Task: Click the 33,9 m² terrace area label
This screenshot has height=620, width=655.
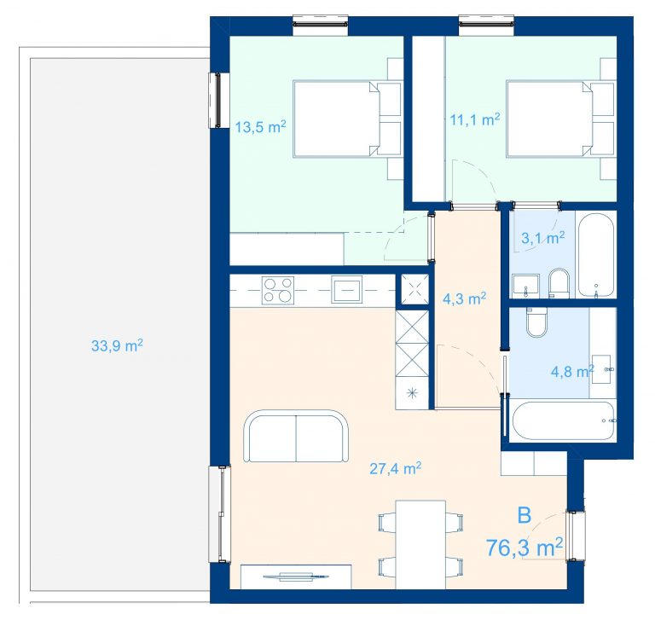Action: (x=117, y=345)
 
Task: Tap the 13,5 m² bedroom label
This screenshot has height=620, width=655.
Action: (x=260, y=126)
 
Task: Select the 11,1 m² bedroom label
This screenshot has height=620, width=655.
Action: (x=474, y=120)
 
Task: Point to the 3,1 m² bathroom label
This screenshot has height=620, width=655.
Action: (x=543, y=238)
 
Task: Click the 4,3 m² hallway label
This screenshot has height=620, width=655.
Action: (x=464, y=298)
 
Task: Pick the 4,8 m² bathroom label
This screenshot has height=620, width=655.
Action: (x=572, y=372)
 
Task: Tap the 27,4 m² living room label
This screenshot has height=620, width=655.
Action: (x=395, y=468)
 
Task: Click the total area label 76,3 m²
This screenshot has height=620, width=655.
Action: (x=525, y=548)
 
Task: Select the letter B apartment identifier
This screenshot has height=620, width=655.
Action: (x=525, y=515)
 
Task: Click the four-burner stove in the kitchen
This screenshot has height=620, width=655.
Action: (x=278, y=289)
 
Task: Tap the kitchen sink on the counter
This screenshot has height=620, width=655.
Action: (x=347, y=289)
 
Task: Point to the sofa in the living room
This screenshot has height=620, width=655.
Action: (x=296, y=436)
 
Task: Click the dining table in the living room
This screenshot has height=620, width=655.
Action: (x=420, y=544)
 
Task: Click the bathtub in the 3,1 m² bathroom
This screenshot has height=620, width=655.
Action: (x=596, y=255)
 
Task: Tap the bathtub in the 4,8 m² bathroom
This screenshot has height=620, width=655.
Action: (x=562, y=420)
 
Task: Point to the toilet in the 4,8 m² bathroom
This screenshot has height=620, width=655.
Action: (x=536, y=322)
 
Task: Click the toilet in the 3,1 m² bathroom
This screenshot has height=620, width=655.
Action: (x=559, y=283)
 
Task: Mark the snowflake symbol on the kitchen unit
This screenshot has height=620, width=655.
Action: (x=412, y=392)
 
